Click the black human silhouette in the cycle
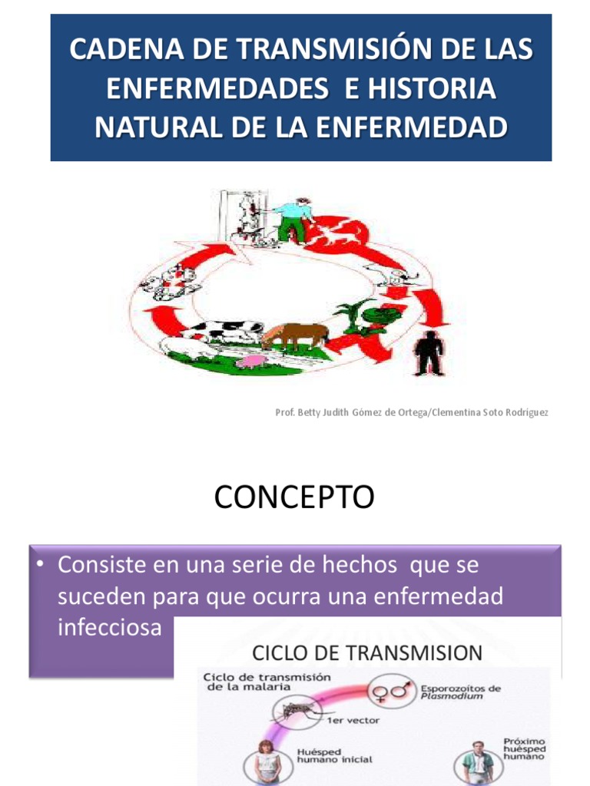pos(429,354)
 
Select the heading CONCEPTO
pos(294,497)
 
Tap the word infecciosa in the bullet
pos(110,627)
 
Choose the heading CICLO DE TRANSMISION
pos(367,653)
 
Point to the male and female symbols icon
pos(391,692)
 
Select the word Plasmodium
pos(449,697)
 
